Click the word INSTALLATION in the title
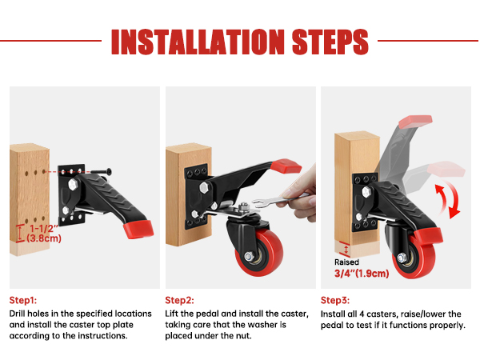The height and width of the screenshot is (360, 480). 198,42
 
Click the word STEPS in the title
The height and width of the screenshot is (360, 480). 330,42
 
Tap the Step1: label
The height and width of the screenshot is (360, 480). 23,300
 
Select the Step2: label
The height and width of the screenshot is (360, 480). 179,300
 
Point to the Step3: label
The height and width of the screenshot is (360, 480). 335,300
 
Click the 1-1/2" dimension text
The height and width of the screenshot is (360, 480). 44,228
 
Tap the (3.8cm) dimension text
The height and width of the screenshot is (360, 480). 44,238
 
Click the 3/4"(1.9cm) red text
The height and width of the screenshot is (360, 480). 362,274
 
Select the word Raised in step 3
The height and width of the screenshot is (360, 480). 346,262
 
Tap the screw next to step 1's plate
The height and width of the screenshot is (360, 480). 101,171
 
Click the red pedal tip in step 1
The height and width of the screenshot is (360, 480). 138,229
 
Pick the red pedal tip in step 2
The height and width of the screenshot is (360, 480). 286,166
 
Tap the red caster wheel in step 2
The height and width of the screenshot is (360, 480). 260,253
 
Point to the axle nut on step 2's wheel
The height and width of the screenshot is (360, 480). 249,256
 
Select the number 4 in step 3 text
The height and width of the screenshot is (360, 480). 362,314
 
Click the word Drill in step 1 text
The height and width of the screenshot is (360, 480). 18,314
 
